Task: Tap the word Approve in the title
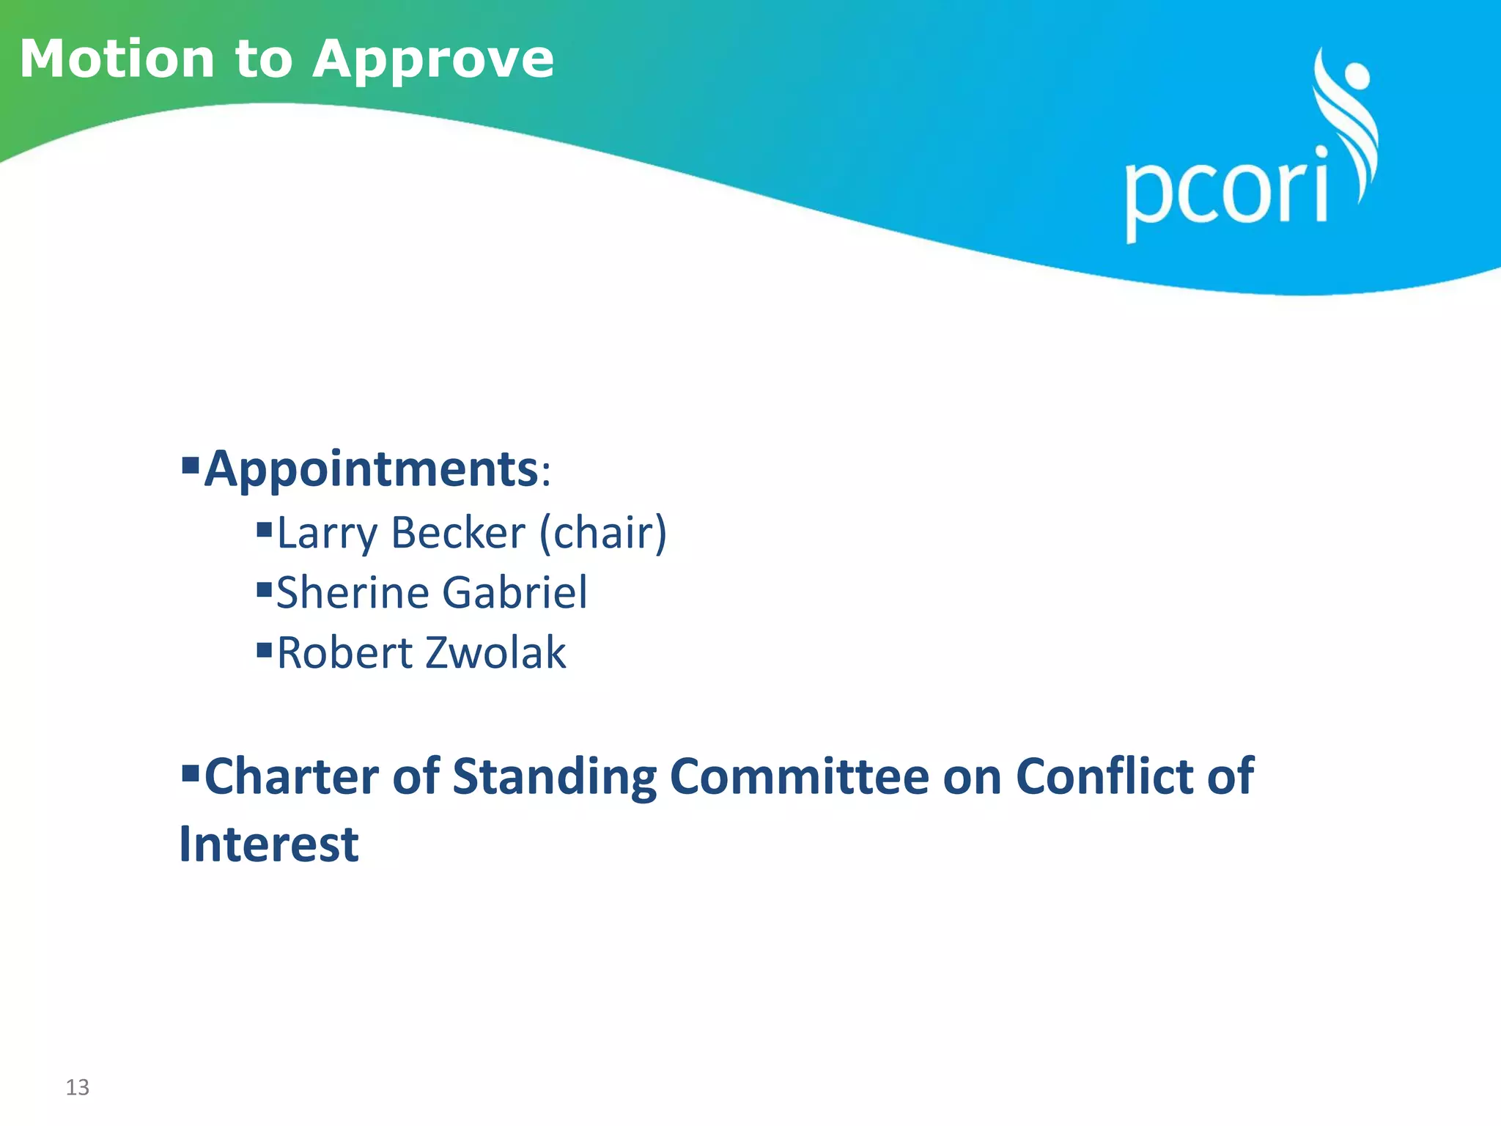[x=433, y=60]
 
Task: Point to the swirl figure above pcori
[x=1347, y=117]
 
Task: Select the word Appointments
[x=372, y=469]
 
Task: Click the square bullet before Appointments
[x=191, y=464]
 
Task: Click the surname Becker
[x=458, y=533]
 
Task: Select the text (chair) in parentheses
[x=603, y=533]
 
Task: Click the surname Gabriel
[x=515, y=592]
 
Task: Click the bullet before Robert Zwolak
[x=265, y=649]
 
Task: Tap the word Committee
[x=799, y=777]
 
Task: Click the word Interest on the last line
[x=269, y=844]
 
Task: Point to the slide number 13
[x=78, y=1087]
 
